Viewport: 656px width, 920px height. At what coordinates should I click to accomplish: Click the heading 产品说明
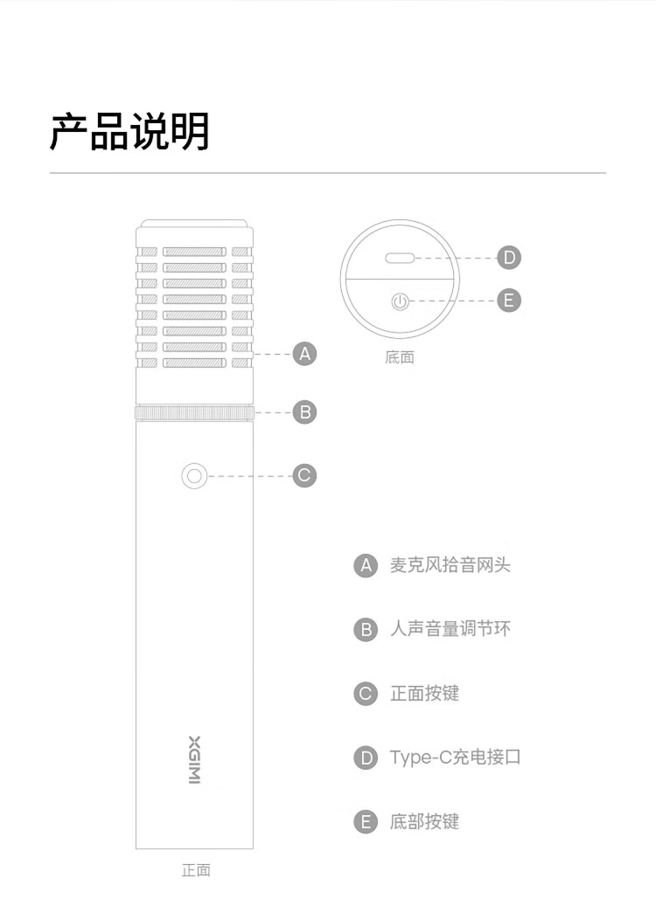[129, 132]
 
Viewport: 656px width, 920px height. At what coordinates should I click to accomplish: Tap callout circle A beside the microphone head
[304, 354]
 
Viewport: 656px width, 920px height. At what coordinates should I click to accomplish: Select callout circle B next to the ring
[304, 412]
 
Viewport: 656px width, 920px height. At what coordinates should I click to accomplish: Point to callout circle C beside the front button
[304, 476]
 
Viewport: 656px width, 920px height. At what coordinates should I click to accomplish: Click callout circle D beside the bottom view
[508, 258]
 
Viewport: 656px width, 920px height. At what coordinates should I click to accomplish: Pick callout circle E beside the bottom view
[508, 301]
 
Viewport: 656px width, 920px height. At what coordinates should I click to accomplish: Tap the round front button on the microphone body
[194, 476]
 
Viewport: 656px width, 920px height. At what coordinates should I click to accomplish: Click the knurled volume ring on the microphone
[194, 412]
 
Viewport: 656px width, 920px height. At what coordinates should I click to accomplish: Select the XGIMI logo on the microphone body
[194, 758]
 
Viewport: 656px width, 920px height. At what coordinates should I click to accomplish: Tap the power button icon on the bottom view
[399, 301]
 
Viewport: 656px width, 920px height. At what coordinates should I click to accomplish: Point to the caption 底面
[399, 357]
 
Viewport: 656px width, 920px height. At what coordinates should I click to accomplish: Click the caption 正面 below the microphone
[196, 870]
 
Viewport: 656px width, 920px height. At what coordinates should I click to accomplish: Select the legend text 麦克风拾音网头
[450, 565]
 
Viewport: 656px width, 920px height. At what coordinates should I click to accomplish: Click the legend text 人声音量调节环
[450, 629]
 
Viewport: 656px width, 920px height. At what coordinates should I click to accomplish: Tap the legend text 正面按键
[424, 694]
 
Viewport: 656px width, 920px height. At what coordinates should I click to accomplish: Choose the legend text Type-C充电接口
[455, 757]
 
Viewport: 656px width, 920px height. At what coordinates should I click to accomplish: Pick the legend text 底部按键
[424, 822]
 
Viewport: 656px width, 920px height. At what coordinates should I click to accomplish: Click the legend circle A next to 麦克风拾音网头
[366, 565]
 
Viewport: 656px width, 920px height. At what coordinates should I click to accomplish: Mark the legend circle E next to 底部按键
[366, 822]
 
